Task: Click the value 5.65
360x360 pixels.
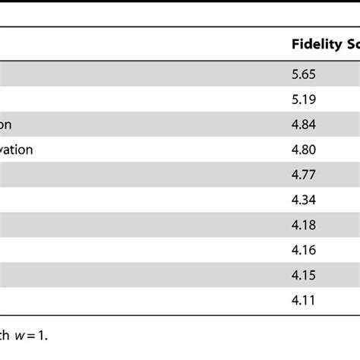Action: coord(303,74)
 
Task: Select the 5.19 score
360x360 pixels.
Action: coord(303,99)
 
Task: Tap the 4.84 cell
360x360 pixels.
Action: coord(303,125)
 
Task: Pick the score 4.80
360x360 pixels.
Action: coord(303,150)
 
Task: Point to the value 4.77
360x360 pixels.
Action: coord(303,175)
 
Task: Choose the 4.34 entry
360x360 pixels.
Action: coord(303,200)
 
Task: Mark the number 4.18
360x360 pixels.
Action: coord(303,225)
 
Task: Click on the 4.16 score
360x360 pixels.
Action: coord(303,250)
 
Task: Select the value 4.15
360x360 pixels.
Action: coord(303,275)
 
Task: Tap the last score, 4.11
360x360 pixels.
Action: coord(303,300)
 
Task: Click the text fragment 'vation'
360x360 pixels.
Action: coord(16,150)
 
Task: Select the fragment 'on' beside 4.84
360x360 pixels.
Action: coord(6,125)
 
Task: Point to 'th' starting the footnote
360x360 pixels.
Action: coord(6,332)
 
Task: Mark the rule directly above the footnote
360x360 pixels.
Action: coord(180,314)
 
